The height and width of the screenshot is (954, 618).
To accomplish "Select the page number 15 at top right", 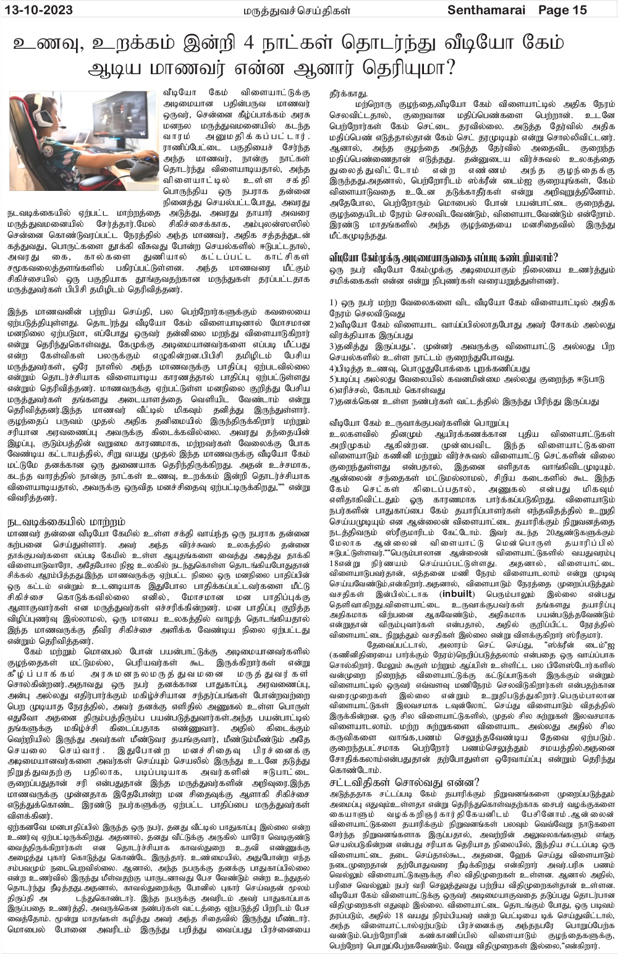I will coord(580,10).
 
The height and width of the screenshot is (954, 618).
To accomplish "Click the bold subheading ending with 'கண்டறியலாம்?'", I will coord(443,256).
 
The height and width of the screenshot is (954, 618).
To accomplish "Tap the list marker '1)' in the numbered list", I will coord(334,302).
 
